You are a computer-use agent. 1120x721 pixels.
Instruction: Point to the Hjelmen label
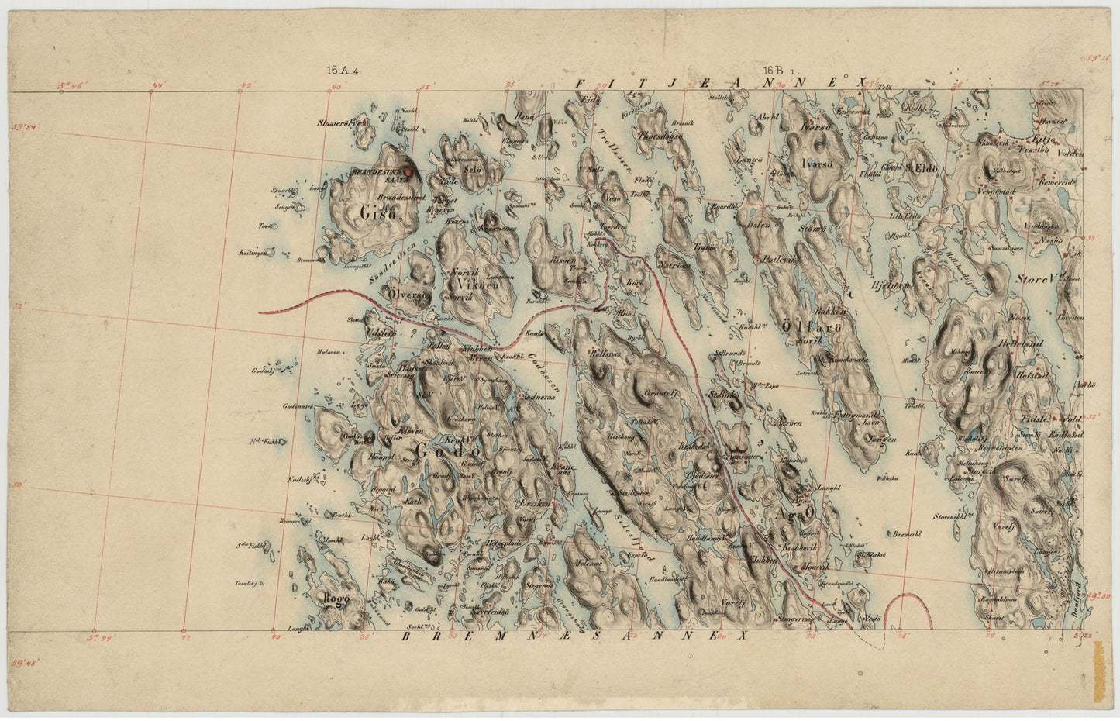point(888,285)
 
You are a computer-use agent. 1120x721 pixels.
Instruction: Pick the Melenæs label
point(588,564)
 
